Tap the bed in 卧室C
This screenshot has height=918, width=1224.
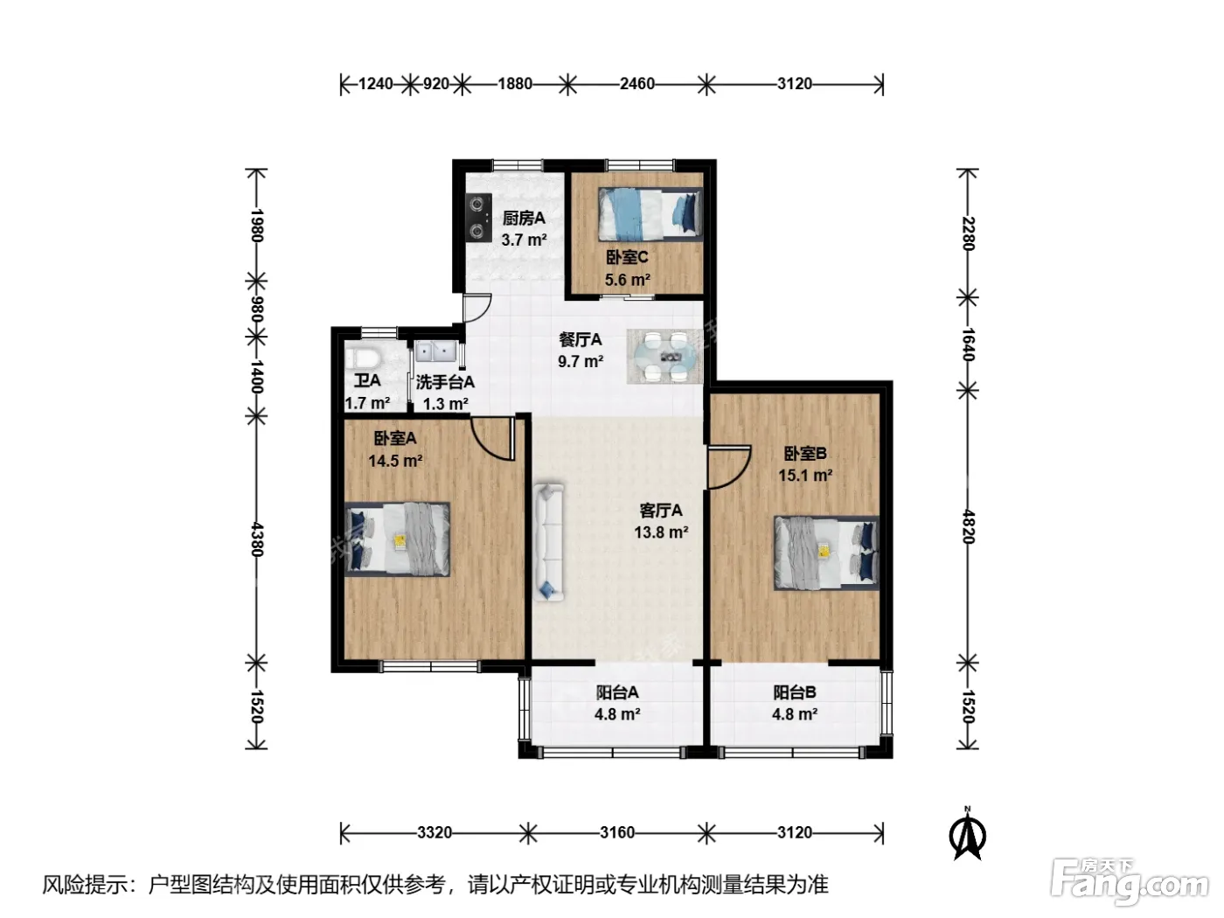[650, 214]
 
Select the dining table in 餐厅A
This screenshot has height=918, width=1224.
[664, 356]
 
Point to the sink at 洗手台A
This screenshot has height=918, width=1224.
[435, 352]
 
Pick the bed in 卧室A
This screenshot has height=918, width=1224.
[397, 539]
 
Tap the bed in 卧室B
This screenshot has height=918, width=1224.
[826, 553]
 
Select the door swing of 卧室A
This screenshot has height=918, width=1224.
[492, 439]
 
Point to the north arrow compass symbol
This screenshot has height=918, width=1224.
[968, 833]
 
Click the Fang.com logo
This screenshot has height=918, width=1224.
[1130, 882]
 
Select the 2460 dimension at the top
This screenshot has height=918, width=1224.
[636, 84]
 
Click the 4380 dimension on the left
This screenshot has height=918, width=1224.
[256, 539]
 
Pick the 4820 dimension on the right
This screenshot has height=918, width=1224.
[968, 526]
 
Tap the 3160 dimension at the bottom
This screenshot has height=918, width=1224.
[617, 832]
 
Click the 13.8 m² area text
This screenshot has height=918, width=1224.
[661, 532]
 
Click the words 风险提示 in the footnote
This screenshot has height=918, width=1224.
[85, 884]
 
